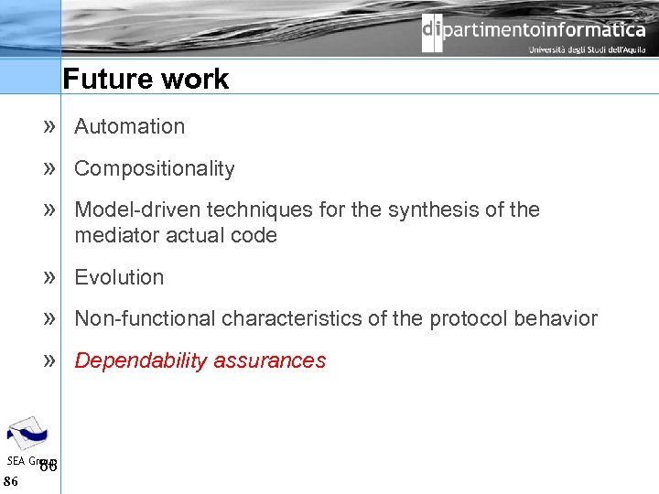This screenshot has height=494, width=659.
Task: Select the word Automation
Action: pyautogui.click(x=129, y=127)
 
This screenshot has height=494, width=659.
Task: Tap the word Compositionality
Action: pyautogui.click(x=154, y=169)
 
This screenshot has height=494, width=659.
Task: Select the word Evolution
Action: pyautogui.click(x=119, y=277)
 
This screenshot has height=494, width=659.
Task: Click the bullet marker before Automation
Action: pyautogui.click(x=50, y=126)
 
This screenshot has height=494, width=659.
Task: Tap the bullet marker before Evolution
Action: pyautogui.click(x=50, y=276)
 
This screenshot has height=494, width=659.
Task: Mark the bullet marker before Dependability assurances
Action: pyautogui.click(x=50, y=360)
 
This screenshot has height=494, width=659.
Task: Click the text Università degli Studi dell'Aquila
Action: pyautogui.click(x=586, y=50)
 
